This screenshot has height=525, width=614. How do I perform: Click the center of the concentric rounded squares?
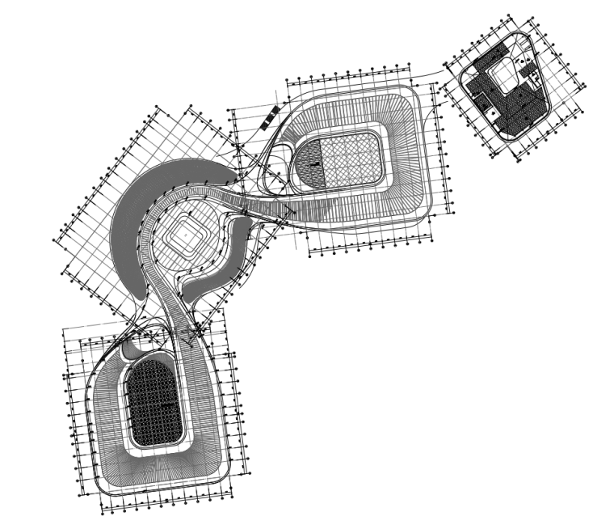tap(185, 235)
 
